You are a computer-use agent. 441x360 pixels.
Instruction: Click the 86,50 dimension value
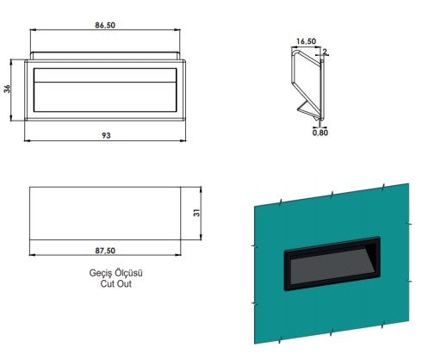pyautogui.click(x=105, y=25)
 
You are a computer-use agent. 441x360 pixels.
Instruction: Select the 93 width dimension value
pyautogui.click(x=106, y=135)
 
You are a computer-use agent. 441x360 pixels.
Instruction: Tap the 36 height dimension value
pyautogui.click(x=7, y=89)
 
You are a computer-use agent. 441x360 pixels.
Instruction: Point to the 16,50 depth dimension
pyautogui.click(x=306, y=41)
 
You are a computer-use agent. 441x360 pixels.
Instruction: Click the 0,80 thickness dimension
pyautogui.click(x=320, y=133)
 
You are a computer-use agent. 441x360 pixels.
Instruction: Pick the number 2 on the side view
pyautogui.click(x=325, y=52)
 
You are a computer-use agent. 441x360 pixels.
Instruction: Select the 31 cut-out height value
pyautogui.click(x=197, y=213)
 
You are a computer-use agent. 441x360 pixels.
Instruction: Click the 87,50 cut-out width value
pyautogui.click(x=105, y=251)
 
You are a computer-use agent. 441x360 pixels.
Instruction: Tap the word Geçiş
pyautogui.click(x=101, y=273)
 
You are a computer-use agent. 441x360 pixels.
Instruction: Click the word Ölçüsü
pyautogui.click(x=128, y=272)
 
